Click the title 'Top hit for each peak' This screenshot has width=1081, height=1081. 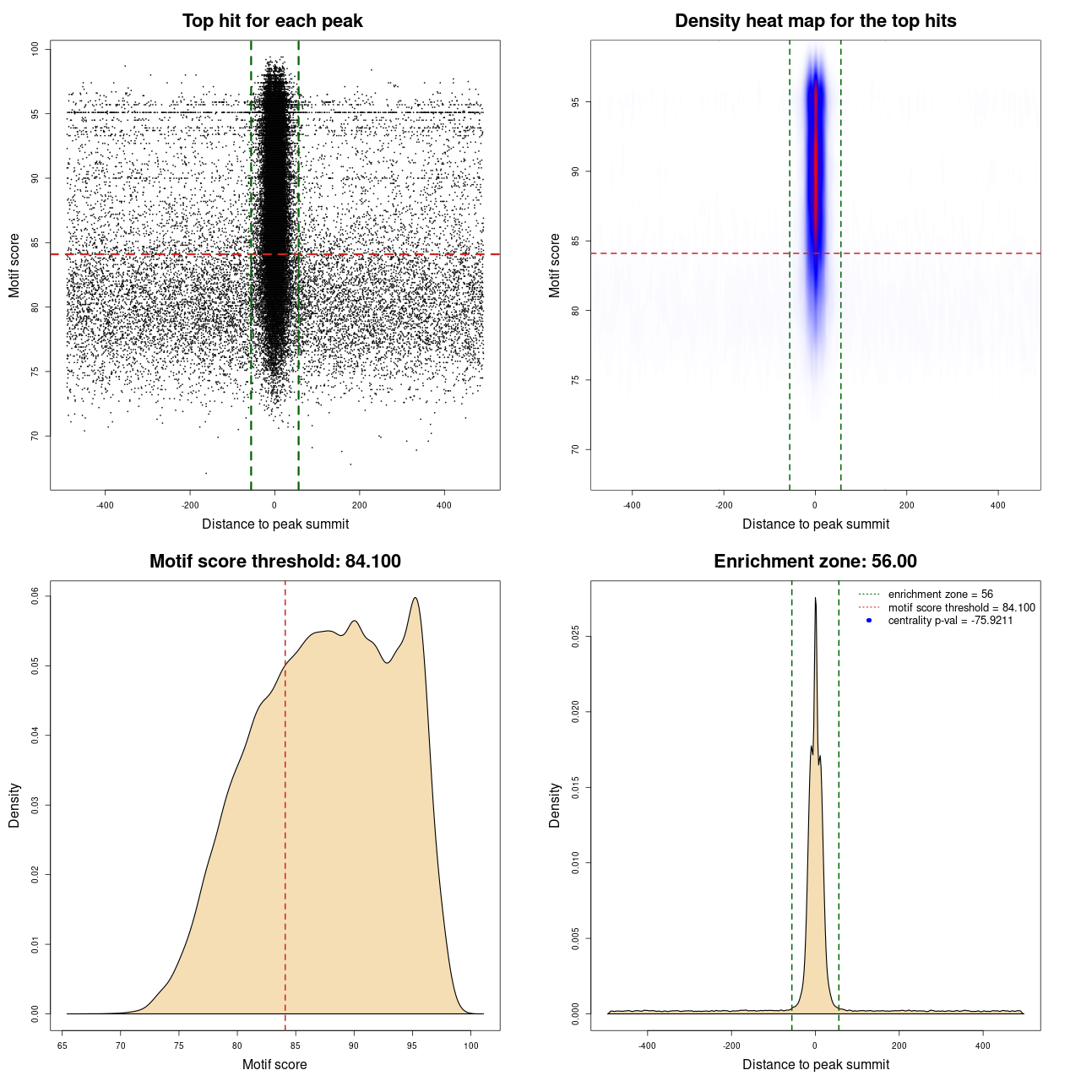point(272,21)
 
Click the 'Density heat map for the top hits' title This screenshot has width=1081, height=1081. point(815,21)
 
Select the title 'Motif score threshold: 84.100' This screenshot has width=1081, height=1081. point(274,562)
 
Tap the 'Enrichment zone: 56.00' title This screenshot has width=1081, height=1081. point(815,562)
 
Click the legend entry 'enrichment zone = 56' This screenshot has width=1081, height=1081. point(940,595)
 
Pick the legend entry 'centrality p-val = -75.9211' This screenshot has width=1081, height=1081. point(950,621)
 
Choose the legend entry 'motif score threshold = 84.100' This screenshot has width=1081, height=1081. point(961,608)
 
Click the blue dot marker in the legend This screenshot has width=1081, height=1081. point(869,621)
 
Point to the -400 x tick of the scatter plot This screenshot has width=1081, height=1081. point(105,505)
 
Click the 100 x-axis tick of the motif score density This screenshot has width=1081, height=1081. point(470,1046)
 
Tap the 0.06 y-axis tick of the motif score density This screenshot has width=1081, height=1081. point(35,596)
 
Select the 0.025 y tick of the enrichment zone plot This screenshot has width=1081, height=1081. point(576,637)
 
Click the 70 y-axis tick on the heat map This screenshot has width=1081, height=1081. point(576,449)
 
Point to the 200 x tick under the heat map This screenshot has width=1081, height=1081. point(906,505)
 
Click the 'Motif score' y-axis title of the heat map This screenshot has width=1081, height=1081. point(555,265)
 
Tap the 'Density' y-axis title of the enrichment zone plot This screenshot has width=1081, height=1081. point(555,805)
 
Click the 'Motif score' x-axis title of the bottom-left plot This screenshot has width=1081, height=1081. point(274,1064)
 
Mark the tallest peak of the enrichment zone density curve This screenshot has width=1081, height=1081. point(815,599)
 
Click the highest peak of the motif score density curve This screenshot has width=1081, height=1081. point(415,599)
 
